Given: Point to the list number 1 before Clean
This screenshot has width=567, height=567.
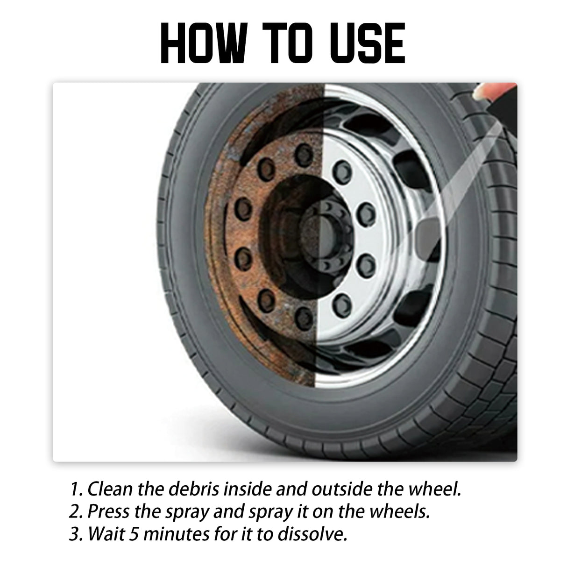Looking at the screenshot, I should pos(75,489).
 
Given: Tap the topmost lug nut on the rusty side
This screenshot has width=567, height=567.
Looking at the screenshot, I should pos(305,151).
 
